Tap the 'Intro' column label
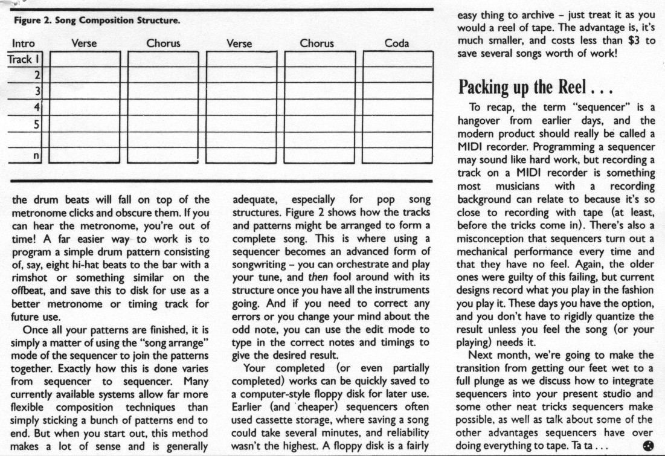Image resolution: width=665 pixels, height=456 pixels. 23,43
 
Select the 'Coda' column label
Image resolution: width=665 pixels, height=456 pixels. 397,43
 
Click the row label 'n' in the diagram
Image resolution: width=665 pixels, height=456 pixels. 36,155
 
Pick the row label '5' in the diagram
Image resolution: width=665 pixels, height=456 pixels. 36,124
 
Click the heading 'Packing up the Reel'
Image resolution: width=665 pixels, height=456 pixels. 536,88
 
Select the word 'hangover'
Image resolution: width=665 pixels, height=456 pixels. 479,120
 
